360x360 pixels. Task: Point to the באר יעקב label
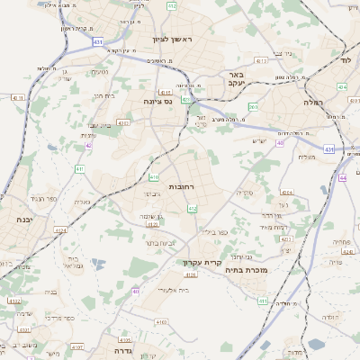pos(237,78)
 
